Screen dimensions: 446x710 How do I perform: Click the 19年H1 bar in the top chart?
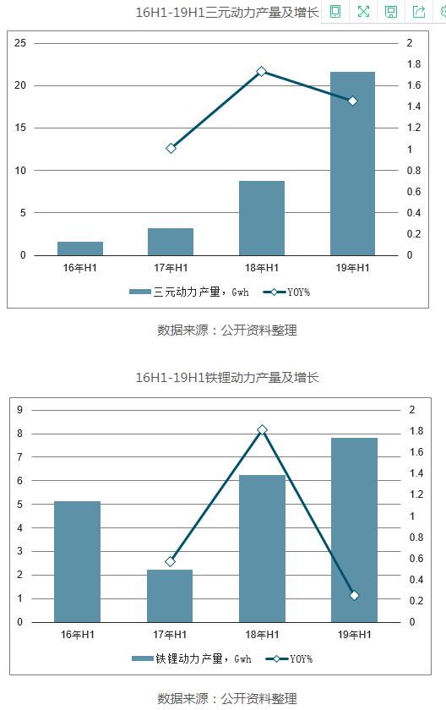click(352, 163)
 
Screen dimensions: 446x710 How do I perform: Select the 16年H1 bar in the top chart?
click(80, 248)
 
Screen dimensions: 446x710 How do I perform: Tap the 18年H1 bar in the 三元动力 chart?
click(262, 218)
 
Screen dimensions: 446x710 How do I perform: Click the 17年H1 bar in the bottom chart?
click(170, 596)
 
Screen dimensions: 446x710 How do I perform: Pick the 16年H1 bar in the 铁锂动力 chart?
click(78, 561)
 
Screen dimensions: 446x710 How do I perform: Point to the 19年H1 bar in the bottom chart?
click(354, 530)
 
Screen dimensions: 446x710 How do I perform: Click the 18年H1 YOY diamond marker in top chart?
click(262, 72)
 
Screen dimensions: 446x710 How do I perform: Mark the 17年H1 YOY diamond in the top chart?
click(171, 148)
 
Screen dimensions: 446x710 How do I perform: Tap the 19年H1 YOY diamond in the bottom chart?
click(354, 595)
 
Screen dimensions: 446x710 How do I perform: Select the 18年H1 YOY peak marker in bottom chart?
click(262, 429)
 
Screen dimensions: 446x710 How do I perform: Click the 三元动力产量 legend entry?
click(189, 292)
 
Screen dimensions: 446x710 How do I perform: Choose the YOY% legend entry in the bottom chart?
click(289, 658)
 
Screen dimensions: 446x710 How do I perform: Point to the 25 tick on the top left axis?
click(20, 43)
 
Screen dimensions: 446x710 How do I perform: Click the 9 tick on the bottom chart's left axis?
click(19, 410)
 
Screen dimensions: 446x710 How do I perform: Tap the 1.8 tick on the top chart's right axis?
click(414, 64)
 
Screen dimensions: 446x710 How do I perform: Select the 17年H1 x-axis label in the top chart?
click(171, 268)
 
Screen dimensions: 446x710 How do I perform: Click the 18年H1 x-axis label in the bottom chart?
click(262, 635)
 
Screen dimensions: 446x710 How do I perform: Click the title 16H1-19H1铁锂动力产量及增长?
click(227, 377)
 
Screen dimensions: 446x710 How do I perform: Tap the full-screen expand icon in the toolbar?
click(363, 11)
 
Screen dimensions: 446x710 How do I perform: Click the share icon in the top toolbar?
click(419, 11)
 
